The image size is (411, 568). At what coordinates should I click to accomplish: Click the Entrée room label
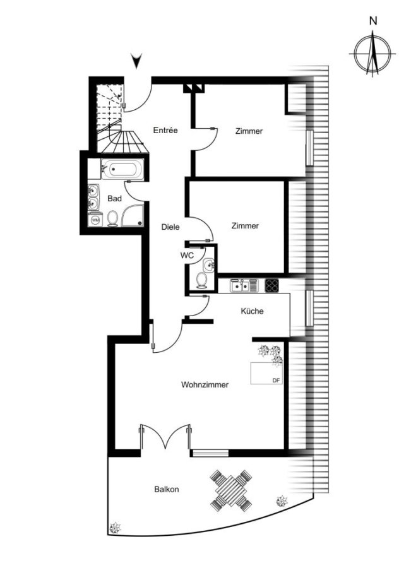165,130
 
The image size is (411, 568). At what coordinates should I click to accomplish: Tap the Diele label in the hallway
170,227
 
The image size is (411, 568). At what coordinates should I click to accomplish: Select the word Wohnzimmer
205,385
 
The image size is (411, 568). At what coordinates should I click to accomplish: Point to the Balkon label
167,489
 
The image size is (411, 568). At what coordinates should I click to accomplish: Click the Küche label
253,311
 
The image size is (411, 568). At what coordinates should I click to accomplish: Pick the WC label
187,256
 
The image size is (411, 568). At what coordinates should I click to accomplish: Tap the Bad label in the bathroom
114,199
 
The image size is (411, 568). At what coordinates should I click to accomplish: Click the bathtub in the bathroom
122,169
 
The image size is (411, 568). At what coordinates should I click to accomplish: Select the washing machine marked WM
95,220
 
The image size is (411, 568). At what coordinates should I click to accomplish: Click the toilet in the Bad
113,219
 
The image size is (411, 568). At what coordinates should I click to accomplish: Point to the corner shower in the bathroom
133,215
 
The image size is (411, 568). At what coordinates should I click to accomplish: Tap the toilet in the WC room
201,281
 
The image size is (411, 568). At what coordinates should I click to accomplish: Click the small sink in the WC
209,265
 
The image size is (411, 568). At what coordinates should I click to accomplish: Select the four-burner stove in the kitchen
272,285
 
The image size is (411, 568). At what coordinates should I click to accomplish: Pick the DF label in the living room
276,381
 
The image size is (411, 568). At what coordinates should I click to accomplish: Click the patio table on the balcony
231,490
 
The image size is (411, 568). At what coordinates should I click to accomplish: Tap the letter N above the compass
373,21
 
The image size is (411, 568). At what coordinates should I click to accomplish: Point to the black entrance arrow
136,61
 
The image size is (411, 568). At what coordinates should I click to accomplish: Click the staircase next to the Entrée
116,119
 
